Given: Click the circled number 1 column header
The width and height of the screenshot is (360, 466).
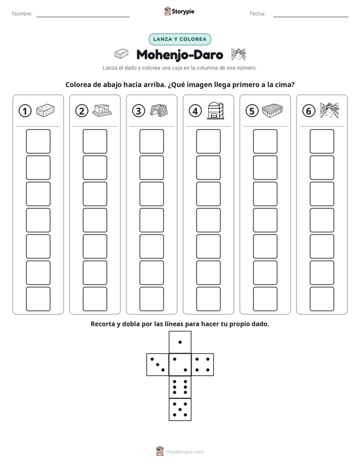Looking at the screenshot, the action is click(25, 111).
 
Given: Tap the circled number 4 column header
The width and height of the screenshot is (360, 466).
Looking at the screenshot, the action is click(195, 111).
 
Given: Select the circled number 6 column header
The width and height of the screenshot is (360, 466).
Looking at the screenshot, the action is click(309, 111).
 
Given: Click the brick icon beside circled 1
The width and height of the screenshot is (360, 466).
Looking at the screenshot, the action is click(45, 110).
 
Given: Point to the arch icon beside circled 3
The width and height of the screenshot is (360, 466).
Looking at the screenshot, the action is click(159, 110).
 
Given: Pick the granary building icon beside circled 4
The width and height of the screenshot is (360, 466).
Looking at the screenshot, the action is click(215, 110).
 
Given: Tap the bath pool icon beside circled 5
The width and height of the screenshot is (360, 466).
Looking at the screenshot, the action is click(272, 110).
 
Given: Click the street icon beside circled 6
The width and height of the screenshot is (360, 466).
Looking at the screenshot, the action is click(329, 110).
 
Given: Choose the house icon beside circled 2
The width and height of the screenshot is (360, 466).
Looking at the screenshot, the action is click(102, 110).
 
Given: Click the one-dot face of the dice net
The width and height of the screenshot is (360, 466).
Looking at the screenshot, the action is click(180, 342).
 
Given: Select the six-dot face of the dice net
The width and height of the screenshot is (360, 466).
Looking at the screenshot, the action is click(180, 387).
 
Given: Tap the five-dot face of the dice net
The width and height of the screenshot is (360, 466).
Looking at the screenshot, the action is click(180, 410).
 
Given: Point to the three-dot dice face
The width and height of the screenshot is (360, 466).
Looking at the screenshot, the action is click(158, 364).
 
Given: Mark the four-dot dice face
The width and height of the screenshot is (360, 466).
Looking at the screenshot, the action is click(203, 364).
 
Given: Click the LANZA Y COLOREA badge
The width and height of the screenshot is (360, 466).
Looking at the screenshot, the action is click(179, 39).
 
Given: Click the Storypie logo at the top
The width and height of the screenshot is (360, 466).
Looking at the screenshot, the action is click(179, 12).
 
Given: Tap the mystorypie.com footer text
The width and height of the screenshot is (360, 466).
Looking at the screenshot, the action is click(185, 452).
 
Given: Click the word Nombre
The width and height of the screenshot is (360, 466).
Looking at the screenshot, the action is click(22, 14).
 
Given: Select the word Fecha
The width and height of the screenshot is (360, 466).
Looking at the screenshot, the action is click(258, 14).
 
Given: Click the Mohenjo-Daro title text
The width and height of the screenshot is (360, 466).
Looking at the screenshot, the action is click(179, 54).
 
